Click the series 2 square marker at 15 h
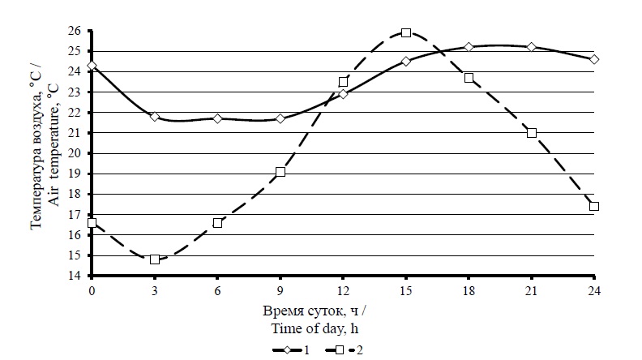click(x=406, y=33)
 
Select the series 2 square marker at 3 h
click(x=155, y=259)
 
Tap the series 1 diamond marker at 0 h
click(x=92, y=66)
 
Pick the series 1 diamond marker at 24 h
click(x=594, y=59)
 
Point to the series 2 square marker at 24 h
click(x=594, y=206)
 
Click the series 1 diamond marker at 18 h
click(x=469, y=47)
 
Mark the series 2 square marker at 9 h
click(x=280, y=172)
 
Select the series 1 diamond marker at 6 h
click(x=217, y=118)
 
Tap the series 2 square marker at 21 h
click(x=532, y=132)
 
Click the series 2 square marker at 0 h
click(x=92, y=223)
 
